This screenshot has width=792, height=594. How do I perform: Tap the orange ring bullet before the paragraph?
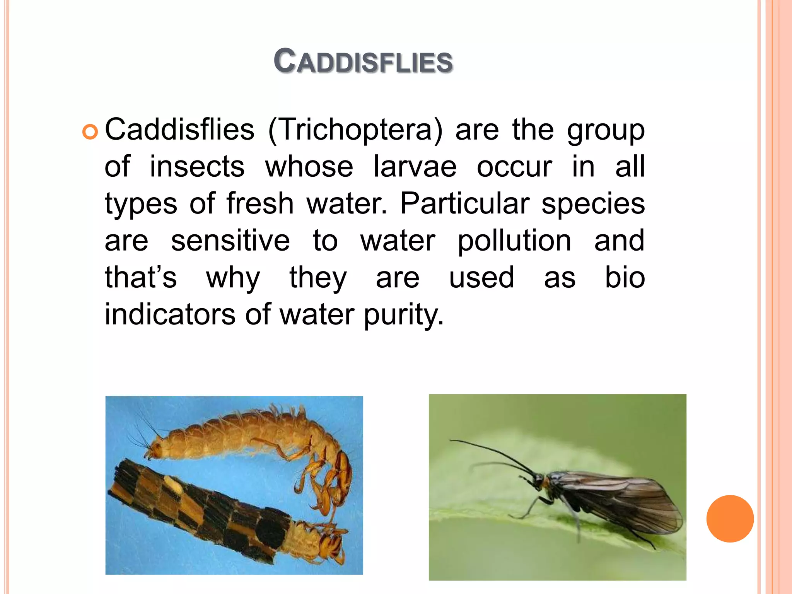point(90,132)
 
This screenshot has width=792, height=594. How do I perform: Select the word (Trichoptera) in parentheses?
point(355,130)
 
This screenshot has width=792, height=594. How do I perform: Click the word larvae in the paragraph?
point(415,167)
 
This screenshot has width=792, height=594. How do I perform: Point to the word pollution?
point(514,241)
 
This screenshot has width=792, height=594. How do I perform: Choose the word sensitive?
point(230,241)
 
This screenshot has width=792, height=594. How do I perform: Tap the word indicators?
point(170,314)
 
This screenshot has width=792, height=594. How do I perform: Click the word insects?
point(197,167)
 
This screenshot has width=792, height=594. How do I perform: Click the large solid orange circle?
point(730,519)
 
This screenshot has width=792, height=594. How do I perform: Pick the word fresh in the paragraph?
point(260,203)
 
